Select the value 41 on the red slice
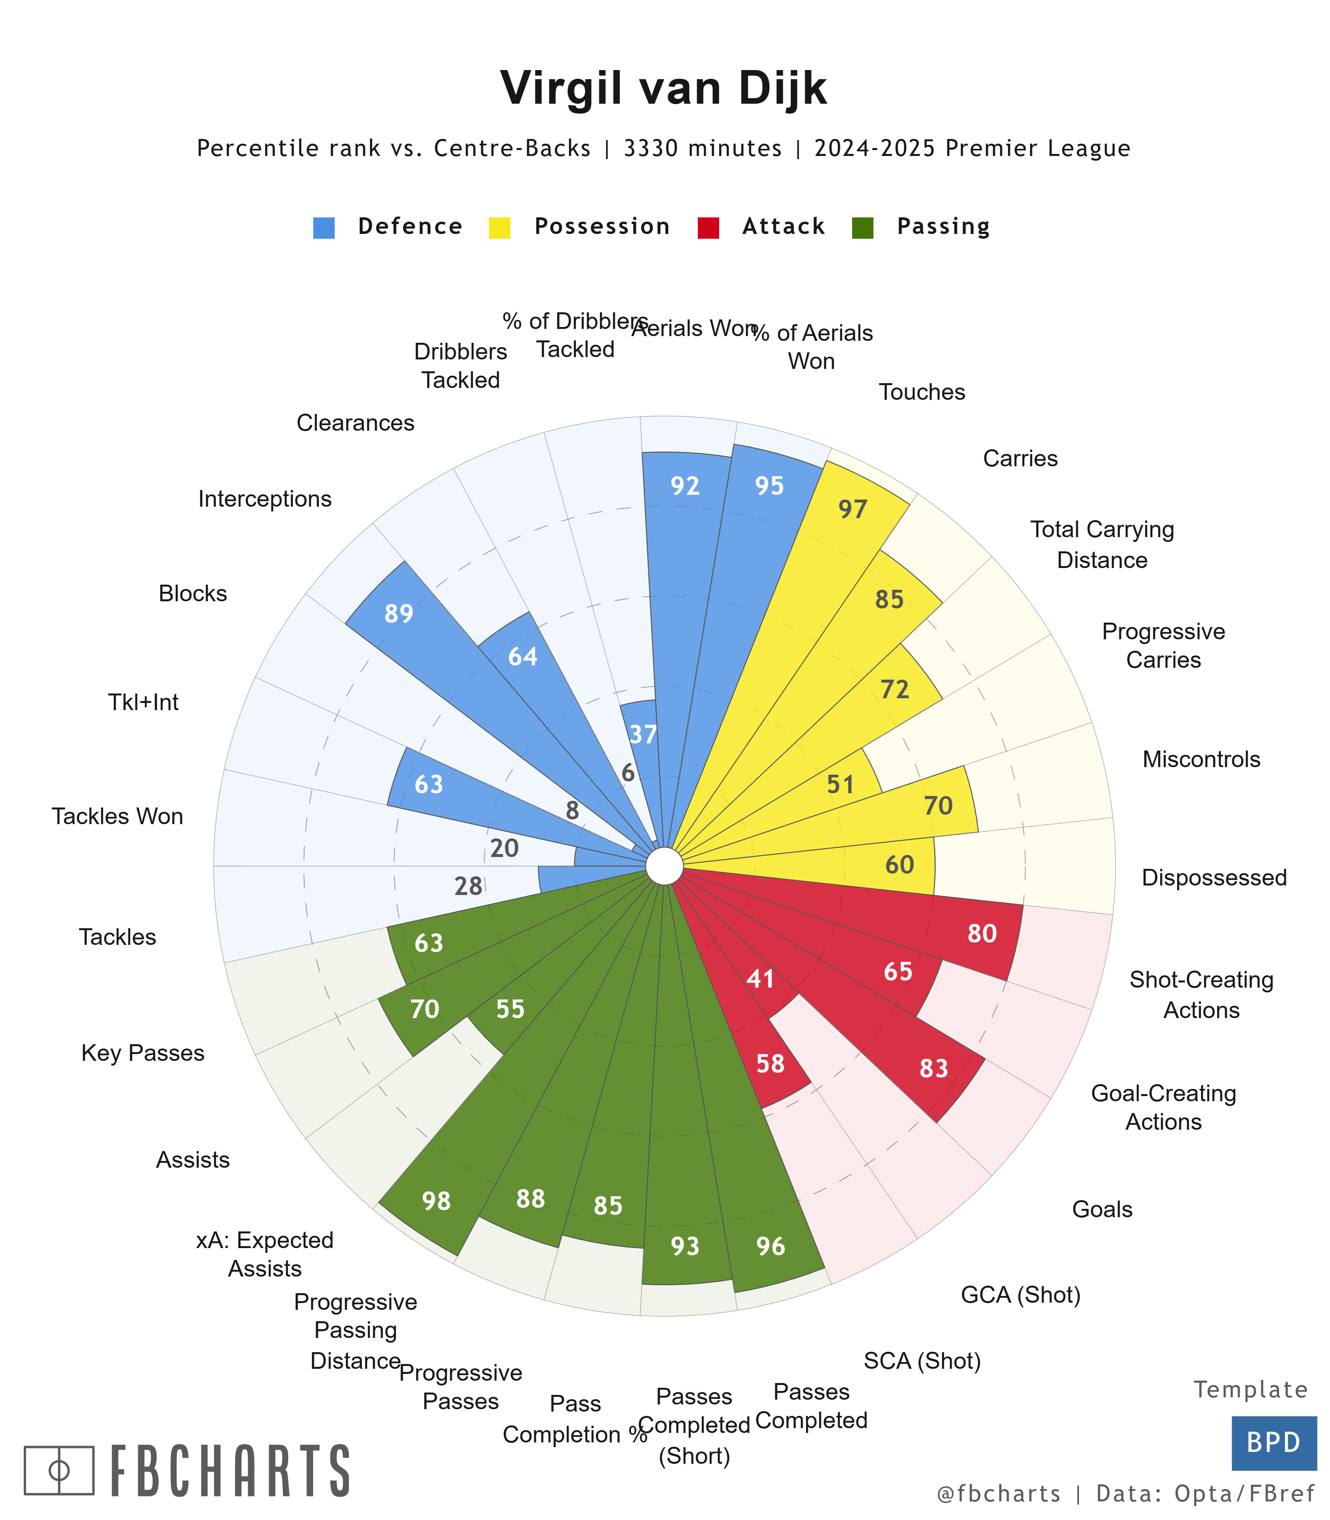click(761, 980)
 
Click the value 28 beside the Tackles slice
click(468, 886)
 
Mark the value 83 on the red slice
click(934, 1069)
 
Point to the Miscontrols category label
click(1201, 759)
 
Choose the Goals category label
click(1102, 1210)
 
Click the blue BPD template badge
click(1274, 1443)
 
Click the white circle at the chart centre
click(664, 866)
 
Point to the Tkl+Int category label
click(143, 702)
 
